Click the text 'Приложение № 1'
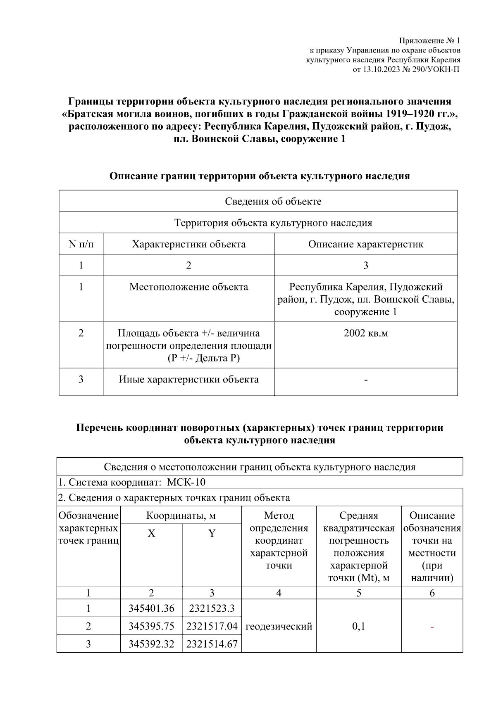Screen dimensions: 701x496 [429, 40]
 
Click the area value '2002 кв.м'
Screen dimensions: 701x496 [365, 333]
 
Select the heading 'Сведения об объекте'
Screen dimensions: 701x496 [273, 202]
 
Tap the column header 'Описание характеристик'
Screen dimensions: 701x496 [365, 244]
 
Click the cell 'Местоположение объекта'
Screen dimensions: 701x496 [188, 287]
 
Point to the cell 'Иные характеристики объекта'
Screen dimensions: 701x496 [188, 379]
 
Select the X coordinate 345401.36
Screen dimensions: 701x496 [151, 608]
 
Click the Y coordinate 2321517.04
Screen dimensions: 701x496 [212, 626]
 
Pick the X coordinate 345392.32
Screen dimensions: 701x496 [151, 644]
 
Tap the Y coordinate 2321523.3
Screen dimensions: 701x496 [212, 608]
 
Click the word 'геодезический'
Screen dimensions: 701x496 [279, 626]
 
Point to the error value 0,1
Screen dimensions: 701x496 [358, 626]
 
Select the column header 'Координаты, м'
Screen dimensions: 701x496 [181, 516]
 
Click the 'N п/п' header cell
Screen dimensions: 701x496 [81, 244]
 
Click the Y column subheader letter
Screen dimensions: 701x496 [212, 533]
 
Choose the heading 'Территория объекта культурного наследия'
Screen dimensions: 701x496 [273, 223]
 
